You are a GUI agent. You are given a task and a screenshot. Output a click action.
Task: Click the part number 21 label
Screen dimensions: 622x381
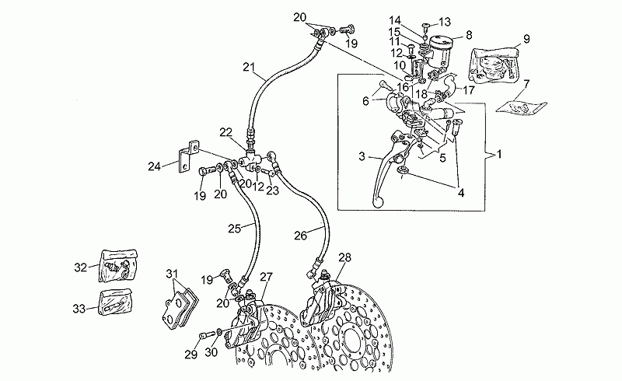point(249,68)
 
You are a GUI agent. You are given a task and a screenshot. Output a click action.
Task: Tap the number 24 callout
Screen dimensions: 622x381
point(154,166)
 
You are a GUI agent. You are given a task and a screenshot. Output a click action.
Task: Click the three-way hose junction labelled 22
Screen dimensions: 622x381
point(250,159)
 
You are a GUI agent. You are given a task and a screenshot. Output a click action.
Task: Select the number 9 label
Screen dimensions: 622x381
point(527,39)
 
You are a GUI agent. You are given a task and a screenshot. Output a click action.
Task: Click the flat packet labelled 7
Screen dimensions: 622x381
point(522,107)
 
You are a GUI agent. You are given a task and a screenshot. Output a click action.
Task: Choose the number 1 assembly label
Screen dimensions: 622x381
point(499,154)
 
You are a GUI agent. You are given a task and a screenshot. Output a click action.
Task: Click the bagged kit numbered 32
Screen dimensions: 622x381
point(117,266)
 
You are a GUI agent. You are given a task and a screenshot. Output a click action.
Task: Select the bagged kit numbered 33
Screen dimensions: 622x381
point(116,302)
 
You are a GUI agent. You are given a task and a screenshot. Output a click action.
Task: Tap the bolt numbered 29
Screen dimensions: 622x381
point(208,335)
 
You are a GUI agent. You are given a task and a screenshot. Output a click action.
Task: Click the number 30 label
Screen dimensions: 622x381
point(211,352)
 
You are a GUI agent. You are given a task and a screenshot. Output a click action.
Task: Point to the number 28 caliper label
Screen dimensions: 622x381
point(344,257)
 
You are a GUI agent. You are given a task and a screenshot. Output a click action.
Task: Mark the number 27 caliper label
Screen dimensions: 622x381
point(266,277)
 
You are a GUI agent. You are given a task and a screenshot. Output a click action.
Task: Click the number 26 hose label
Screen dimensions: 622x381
point(300,236)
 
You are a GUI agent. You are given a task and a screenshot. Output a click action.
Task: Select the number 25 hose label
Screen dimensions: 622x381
point(234,229)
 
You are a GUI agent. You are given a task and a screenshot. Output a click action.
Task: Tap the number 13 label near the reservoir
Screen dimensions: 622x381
point(445,22)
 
